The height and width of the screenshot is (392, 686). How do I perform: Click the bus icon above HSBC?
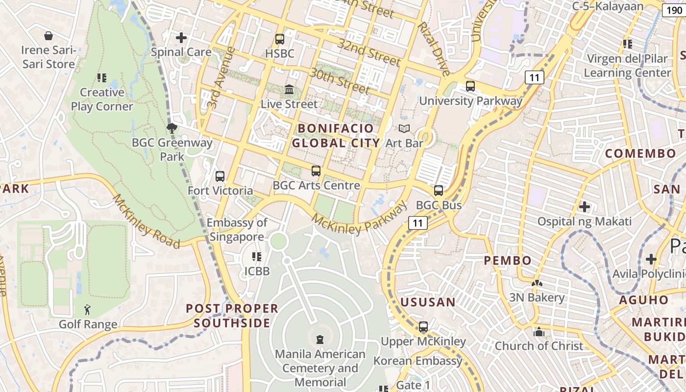tap(280, 39)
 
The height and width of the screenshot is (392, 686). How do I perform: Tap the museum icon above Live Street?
tap(289, 90)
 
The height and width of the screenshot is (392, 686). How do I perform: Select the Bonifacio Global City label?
tap(336, 136)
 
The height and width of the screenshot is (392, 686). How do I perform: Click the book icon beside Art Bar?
tap(404, 129)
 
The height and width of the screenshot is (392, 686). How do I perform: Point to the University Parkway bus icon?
tap(470, 86)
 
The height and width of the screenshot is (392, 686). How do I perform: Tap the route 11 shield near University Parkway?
tap(534, 77)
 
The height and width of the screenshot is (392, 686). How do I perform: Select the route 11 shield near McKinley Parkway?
tap(417, 223)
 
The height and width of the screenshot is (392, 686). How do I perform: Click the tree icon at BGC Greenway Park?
tap(171, 128)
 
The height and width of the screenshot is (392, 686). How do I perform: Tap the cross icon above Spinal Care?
tap(181, 37)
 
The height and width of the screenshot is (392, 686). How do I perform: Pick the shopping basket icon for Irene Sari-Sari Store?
tap(49, 36)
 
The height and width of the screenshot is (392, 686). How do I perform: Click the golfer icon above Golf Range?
tap(88, 310)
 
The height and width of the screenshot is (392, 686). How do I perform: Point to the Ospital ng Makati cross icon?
tap(584, 207)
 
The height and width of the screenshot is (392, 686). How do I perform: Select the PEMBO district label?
tap(508, 261)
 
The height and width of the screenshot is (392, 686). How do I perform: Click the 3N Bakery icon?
tap(537, 283)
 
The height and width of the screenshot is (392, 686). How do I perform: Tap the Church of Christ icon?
tap(539, 332)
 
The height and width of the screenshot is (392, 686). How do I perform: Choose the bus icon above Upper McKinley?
tap(423, 326)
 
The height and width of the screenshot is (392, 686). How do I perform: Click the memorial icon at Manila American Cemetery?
tap(320, 339)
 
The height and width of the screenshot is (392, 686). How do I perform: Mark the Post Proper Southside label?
tap(232, 316)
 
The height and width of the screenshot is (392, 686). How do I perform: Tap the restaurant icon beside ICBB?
tap(256, 256)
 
